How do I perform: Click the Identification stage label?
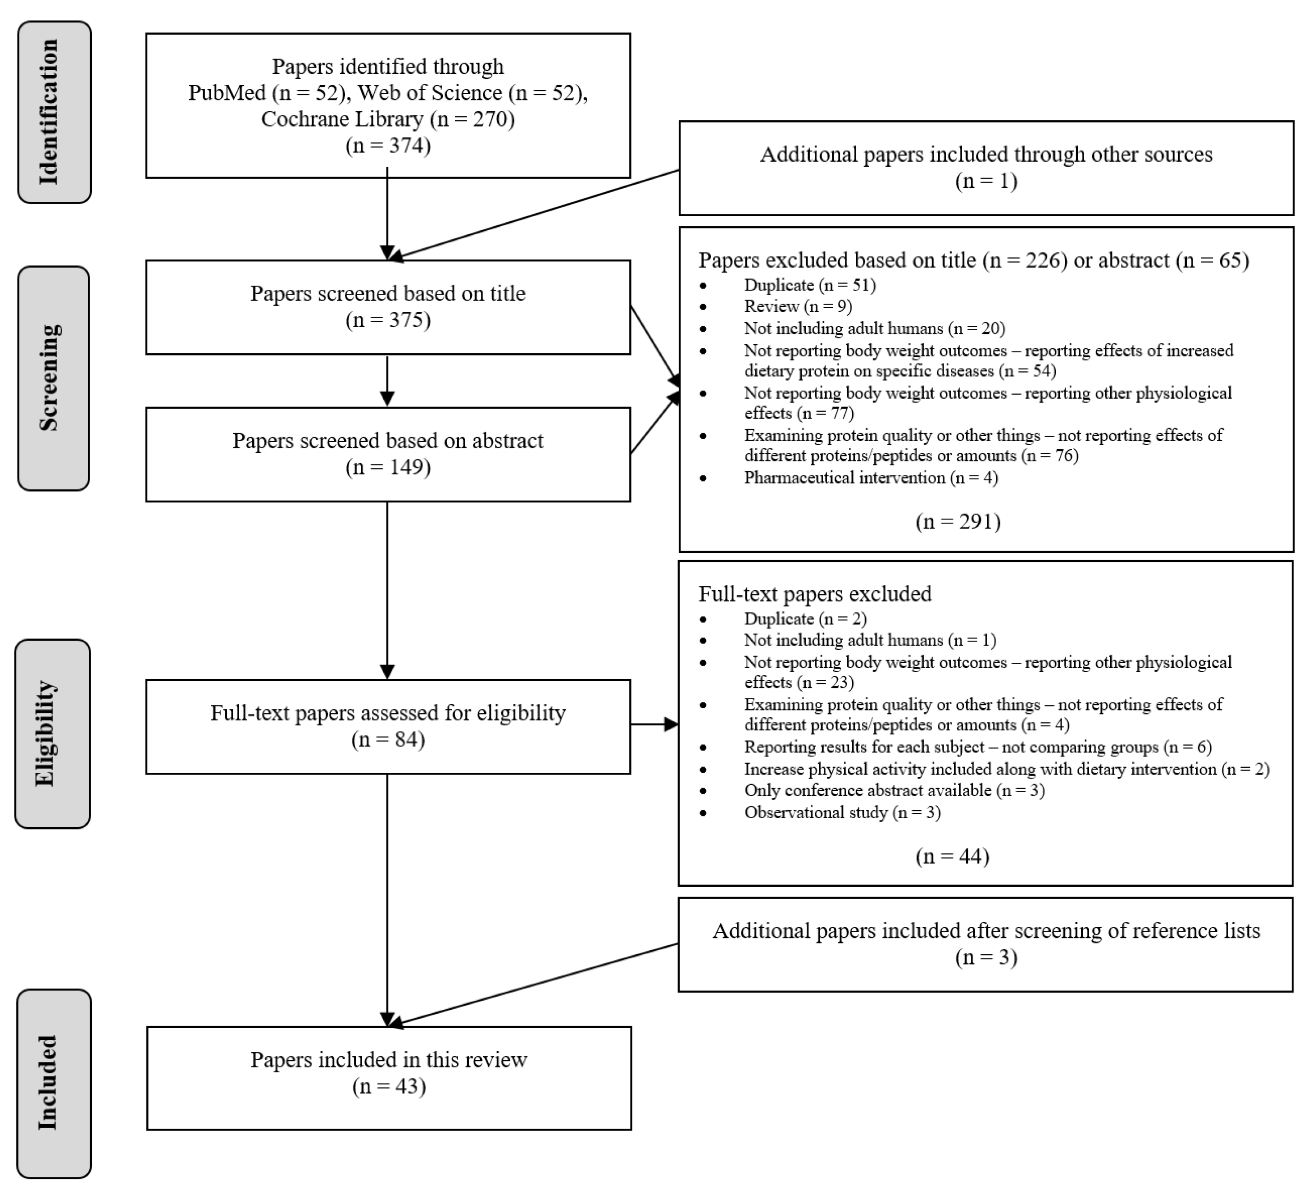click(54, 112)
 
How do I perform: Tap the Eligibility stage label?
click(52, 734)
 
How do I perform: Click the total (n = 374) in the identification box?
click(388, 145)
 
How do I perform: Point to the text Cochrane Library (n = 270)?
click(388, 119)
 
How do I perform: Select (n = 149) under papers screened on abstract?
click(388, 467)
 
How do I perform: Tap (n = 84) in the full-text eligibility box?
click(388, 739)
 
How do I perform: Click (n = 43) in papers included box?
click(389, 1087)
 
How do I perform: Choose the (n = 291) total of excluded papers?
click(958, 521)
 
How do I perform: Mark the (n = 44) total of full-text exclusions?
click(952, 856)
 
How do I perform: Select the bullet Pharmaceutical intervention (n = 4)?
click(871, 478)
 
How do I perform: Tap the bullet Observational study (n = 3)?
click(842, 812)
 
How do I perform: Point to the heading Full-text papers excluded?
click(814, 594)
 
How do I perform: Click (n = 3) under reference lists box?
click(986, 957)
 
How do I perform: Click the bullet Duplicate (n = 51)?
click(810, 285)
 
